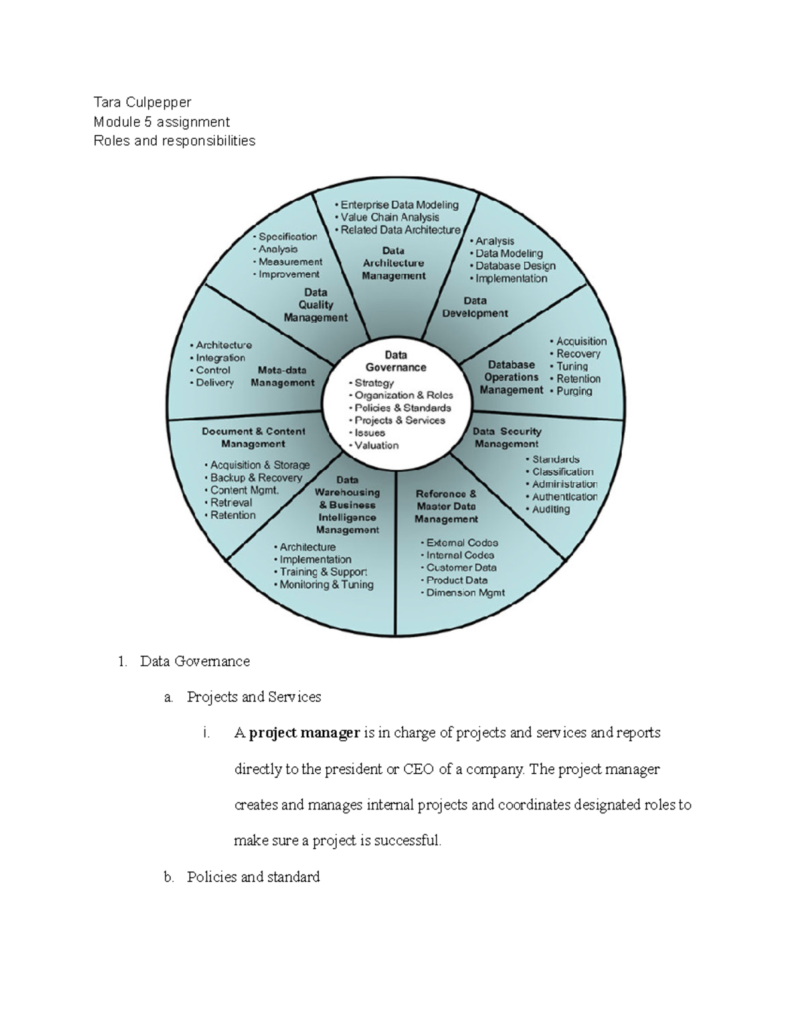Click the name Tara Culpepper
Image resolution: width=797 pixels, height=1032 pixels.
pyautogui.click(x=142, y=102)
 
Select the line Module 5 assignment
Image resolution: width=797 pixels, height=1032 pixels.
pyautogui.click(x=161, y=122)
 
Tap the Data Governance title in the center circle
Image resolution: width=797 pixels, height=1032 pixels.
pyautogui.click(x=396, y=361)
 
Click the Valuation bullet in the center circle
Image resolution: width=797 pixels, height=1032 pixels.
pyautogui.click(x=376, y=445)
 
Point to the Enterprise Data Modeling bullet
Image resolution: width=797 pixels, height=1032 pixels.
pyautogui.click(x=399, y=205)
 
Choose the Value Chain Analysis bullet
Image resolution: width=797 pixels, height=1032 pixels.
pyautogui.click(x=390, y=217)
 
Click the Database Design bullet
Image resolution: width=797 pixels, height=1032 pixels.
pyautogui.click(x=515, y=266)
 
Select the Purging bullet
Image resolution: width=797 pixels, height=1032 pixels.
pyautogui.click(x=574, y=391)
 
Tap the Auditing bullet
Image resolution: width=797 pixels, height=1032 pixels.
pyautogui.click(x=551, y=510)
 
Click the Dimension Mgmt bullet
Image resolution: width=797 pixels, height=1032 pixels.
pyautogui.click(x=465, y=593)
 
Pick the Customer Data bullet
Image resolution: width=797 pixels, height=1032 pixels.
pyautogui.click(x=461, y=568)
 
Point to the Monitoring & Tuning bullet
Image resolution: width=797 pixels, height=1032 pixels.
pyautogui.click(x=326, y=585)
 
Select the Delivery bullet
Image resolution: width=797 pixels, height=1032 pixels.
pyautogui.click(x=215, y=383)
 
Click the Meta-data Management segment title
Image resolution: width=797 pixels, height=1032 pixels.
pyautogui.click(x=283, y=376)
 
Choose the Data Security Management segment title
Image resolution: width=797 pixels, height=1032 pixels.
pyautogui.click(x=507, y=437)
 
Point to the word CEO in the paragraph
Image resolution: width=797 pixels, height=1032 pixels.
pyautogui.click(x=418, y=770)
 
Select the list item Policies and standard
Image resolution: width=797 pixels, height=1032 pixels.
pyautogui.click(x=253, y=877)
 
